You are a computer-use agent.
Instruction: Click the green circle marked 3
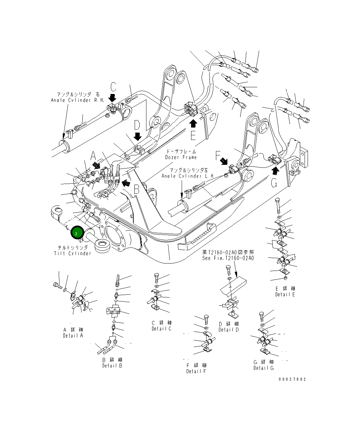[x=77, y=233]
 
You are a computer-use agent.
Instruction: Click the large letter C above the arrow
[x=113, y=87]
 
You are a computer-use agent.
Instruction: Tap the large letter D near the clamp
[x=137, y=125]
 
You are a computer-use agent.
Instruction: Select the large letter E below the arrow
[x=193, y=135]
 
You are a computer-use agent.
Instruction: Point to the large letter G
[x=275, y=184]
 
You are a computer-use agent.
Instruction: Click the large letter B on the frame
[x=136, y=190]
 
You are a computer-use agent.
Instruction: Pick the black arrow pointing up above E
[x=193, y=123]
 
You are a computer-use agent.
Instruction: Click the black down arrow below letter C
[x=113, y=98]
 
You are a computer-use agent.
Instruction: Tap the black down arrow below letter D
[x=137, y=136]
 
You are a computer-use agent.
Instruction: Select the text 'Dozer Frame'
[x=181, y=157]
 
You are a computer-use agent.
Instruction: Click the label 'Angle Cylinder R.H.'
[x=78, y=100]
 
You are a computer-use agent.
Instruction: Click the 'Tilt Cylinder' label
[x=73, y=253]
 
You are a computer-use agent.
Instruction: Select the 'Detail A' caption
[x=73, y=336]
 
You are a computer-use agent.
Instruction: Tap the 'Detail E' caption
[x=285, y=294]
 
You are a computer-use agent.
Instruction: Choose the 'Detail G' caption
[x=264, y=368]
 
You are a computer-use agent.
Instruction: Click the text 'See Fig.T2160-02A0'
[x=228, y=258]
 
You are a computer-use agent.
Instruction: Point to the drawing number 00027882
[x=292, y=379]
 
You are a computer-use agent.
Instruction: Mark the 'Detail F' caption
[x=196, y=371]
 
